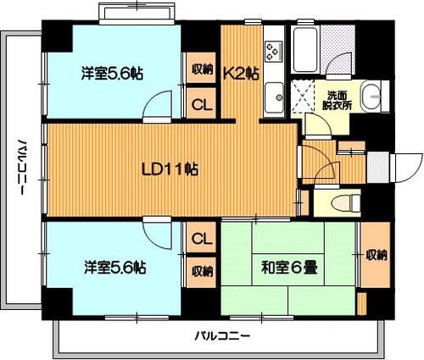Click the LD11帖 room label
(x=170, y=169)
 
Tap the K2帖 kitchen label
(x=242, y=74)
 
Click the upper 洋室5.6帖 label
(x=112, y=73)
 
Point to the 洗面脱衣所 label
(x=338, y=100)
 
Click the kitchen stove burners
(x=274, y=51)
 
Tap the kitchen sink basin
(x=274, y=96)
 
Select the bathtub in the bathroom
(x=304, y=50)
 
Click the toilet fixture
(x=345, y=202)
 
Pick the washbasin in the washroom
(x=371, y=96)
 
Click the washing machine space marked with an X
(x=303, y=96)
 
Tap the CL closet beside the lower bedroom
(x=202, y=238)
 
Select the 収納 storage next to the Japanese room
(x=376, y=255)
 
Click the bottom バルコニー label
(x=223, y=336)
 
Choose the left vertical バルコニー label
(x=21, y=167)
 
